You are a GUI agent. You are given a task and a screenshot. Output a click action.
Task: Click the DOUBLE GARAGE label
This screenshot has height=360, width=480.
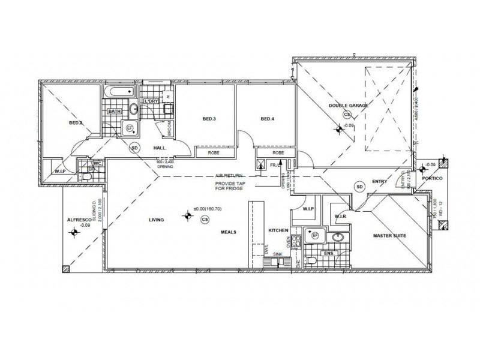348,106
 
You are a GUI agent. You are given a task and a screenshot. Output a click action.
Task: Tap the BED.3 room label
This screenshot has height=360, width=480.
209,119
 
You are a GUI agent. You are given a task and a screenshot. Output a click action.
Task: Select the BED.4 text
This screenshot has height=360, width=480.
267,119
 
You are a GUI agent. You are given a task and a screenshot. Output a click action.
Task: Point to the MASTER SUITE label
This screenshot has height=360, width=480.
389,236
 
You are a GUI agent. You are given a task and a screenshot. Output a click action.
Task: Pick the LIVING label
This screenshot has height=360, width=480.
157,221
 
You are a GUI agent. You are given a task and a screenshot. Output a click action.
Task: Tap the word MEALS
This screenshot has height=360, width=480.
227,231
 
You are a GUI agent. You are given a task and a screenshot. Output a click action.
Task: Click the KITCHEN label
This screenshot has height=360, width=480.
280,231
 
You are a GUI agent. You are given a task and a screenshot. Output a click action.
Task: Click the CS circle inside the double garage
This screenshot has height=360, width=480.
347,114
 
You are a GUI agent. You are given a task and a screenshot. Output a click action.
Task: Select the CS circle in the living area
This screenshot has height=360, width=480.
205,220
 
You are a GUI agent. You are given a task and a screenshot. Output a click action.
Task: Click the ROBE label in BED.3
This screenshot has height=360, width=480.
214,153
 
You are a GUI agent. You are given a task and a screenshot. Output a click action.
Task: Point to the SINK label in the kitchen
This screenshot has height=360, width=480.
277,255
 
